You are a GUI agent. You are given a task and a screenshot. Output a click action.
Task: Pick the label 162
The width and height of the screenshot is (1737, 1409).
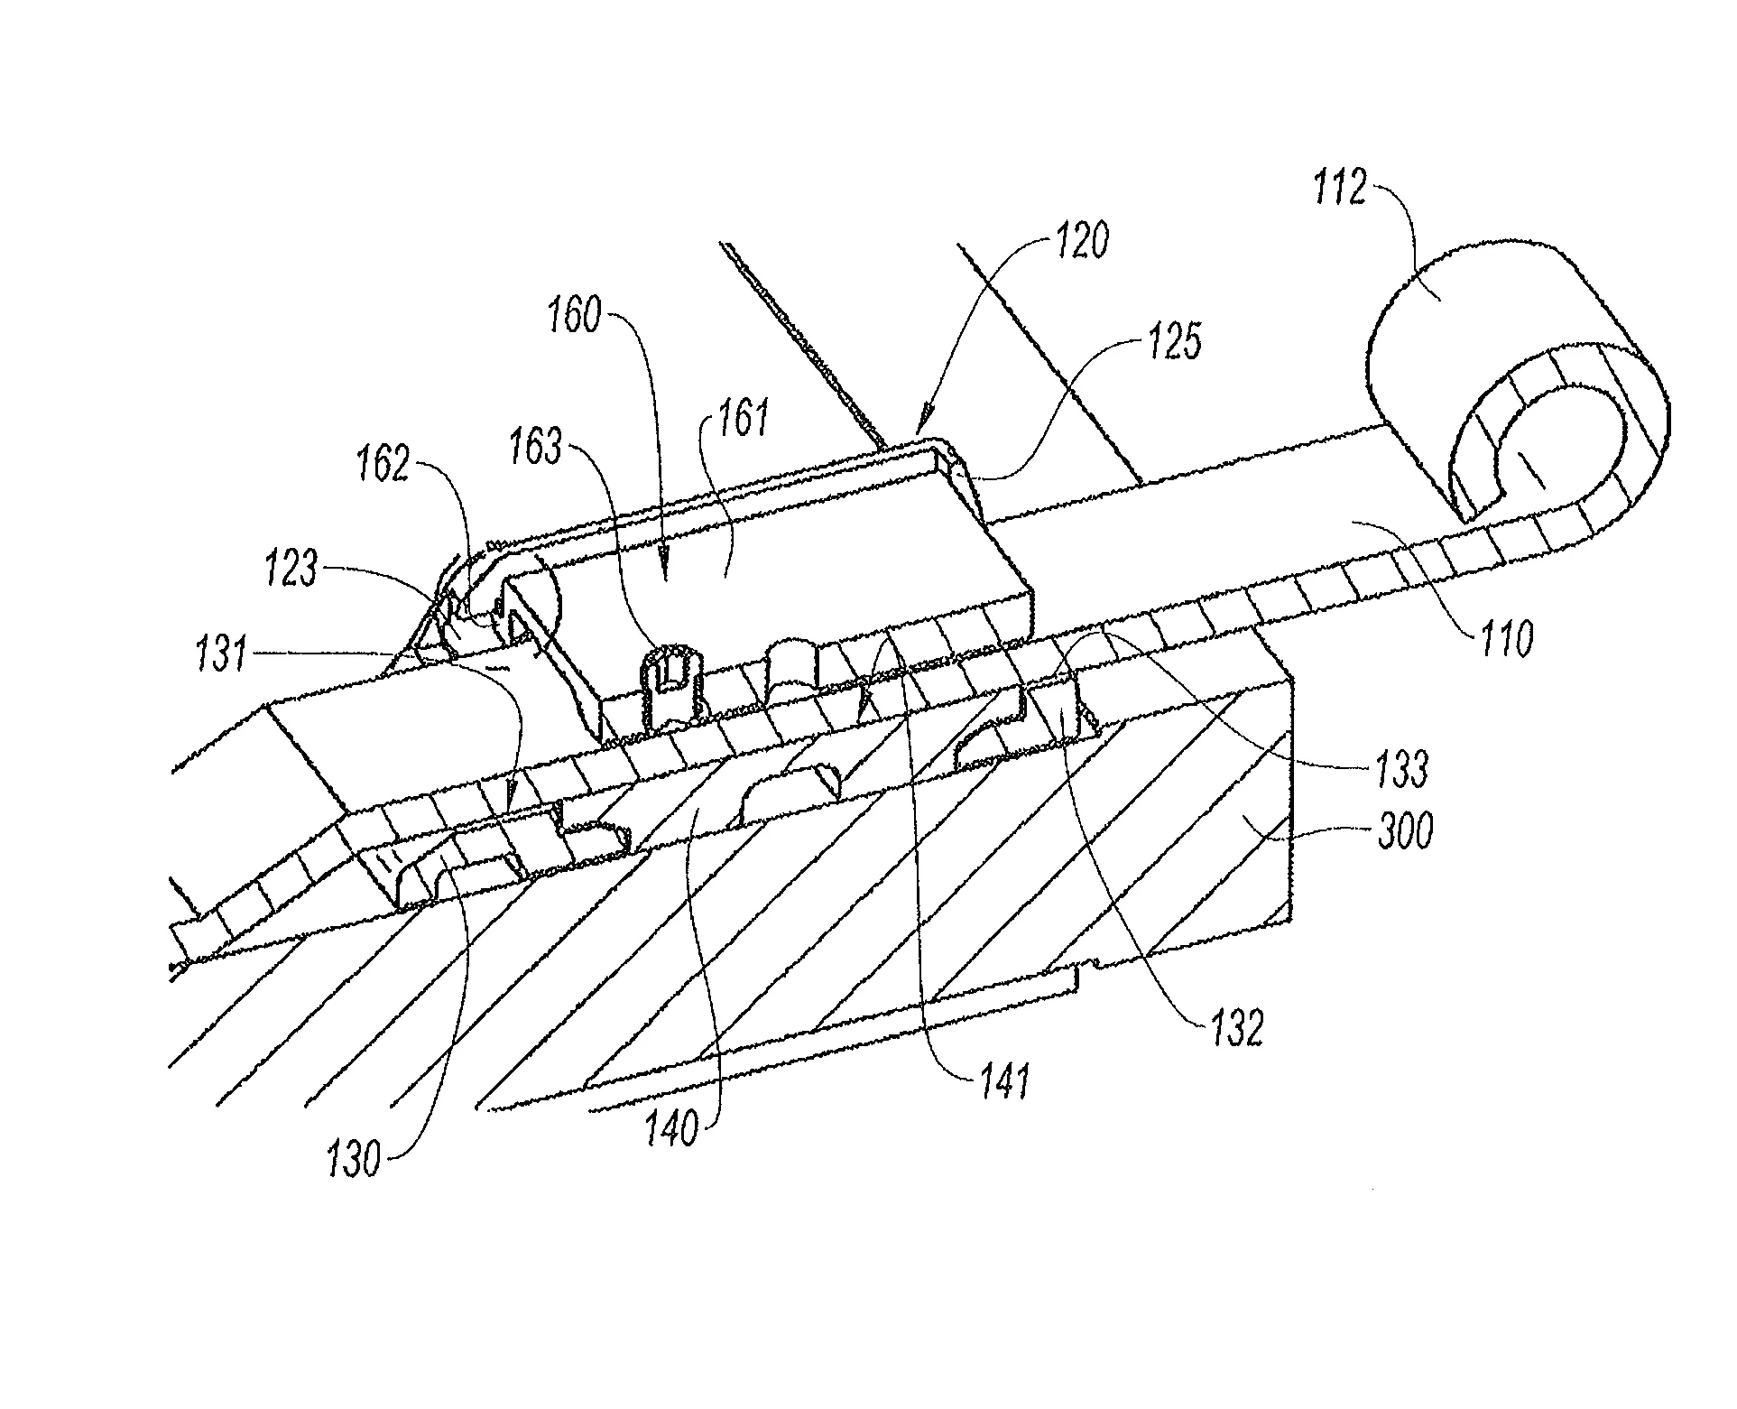[x=384, y=466]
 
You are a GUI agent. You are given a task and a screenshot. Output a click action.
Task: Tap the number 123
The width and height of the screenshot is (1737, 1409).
[x=292, y=570]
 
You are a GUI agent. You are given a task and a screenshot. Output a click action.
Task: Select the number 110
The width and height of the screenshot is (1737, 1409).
[x=1505, y=639]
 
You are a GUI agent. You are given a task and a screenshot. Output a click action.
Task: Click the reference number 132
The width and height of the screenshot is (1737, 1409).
[x=1235, y=1026]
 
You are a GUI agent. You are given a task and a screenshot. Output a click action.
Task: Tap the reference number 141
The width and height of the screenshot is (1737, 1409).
[x=1003, y=1080]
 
